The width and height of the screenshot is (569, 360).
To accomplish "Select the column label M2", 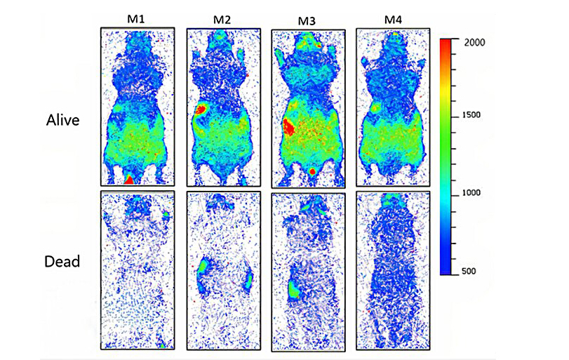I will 222,19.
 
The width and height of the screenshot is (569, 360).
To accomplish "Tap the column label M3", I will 307,20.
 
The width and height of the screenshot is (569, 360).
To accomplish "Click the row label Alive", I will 60,120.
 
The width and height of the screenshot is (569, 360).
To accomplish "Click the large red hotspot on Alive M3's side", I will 288,128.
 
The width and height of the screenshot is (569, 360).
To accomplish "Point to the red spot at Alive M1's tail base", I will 130,180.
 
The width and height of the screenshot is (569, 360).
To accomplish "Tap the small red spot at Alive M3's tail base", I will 312,171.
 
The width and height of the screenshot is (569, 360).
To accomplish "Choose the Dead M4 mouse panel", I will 391,270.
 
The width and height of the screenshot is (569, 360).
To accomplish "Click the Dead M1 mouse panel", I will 137,270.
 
